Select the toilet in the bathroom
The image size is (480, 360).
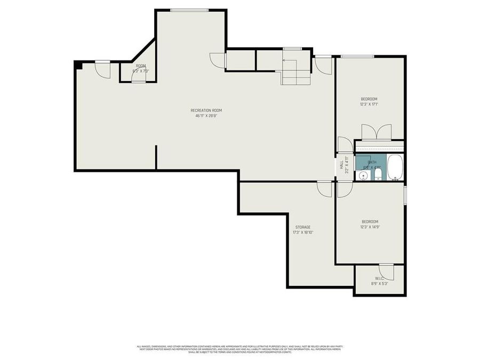[378, 174]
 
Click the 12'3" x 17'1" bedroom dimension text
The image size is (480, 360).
[369, 105]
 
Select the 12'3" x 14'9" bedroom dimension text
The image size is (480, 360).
[370, 227]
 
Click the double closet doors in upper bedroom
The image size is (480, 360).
[376, 132]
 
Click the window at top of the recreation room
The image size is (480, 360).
[189, 10]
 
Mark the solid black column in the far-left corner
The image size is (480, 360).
[78, 65]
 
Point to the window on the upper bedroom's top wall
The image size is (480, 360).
[357, 56]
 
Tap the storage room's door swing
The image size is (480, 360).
[324, 188]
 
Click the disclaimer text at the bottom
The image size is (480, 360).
[240, 349]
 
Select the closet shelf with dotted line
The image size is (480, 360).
[379, 147]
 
